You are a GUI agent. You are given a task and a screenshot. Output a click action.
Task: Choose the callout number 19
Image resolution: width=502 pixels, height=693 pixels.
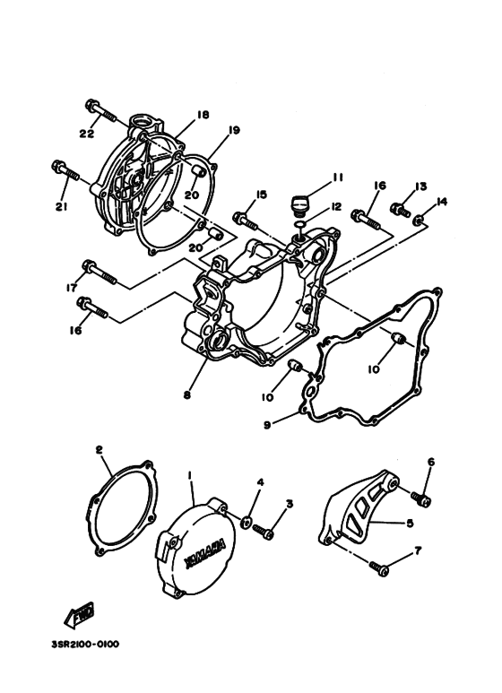click(x=234, y=130)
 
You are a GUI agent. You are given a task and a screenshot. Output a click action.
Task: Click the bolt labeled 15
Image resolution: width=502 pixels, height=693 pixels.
click(x=244, y=217)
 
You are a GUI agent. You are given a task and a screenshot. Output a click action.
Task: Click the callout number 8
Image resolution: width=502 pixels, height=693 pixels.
click(x=186, y=394)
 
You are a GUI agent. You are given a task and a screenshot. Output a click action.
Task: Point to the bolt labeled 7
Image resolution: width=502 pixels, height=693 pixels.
click(x=381, y=566)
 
